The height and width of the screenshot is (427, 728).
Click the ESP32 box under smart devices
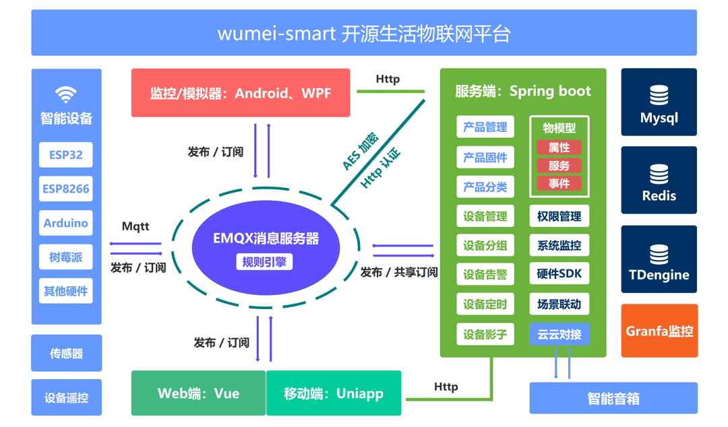(x=66, y=155)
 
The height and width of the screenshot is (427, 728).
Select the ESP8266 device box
(x=66, y=189)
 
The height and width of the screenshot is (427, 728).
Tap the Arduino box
(x=66, y=223)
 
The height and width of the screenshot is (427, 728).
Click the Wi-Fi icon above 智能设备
(x=66, y=94)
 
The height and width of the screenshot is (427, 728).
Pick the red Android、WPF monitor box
(x=241, y=93)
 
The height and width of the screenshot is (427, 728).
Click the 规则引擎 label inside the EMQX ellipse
(x=265, y=262)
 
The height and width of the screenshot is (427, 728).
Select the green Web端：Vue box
(x=198, y=393)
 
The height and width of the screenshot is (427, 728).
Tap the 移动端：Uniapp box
(x=334, y=393)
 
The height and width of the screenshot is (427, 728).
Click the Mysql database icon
(x=659, y=96)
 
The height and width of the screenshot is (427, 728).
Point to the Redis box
(x=659, y=185)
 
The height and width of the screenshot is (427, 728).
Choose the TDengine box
(x=659, y=263)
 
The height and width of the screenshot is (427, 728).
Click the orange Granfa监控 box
(x=659, y=331)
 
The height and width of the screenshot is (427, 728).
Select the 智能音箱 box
(x=613, y=398)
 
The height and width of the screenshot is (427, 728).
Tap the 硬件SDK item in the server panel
(x=559, y=274)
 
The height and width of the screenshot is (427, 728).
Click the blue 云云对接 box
(x=559, y=334)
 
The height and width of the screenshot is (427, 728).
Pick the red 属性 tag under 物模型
(x=559, y=147)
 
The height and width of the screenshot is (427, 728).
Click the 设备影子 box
(x=485, y=334)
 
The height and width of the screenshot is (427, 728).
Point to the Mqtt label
(x=135, y=226)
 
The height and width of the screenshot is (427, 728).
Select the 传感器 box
(x=66, y=353)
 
